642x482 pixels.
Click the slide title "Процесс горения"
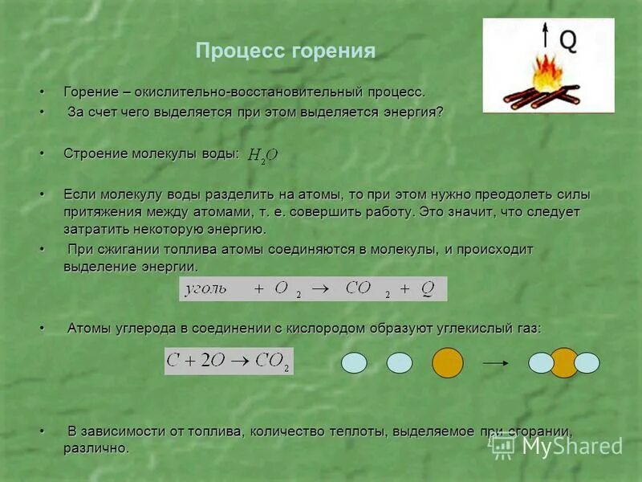tap(286, 51)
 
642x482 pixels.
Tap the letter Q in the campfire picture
tap(567, 39)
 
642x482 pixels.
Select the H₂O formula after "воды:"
tap(262, 156)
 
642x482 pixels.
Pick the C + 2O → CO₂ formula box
tap(229, 361)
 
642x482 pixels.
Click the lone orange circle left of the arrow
tap(448, 363)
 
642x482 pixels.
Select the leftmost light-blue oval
tap(354, 363)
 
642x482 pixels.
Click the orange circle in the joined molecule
tap(564, 363)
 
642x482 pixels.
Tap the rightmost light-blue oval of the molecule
tap(587, 363)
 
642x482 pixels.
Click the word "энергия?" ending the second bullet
tap(413, 112)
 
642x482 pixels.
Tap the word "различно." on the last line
tap(96, 448)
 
